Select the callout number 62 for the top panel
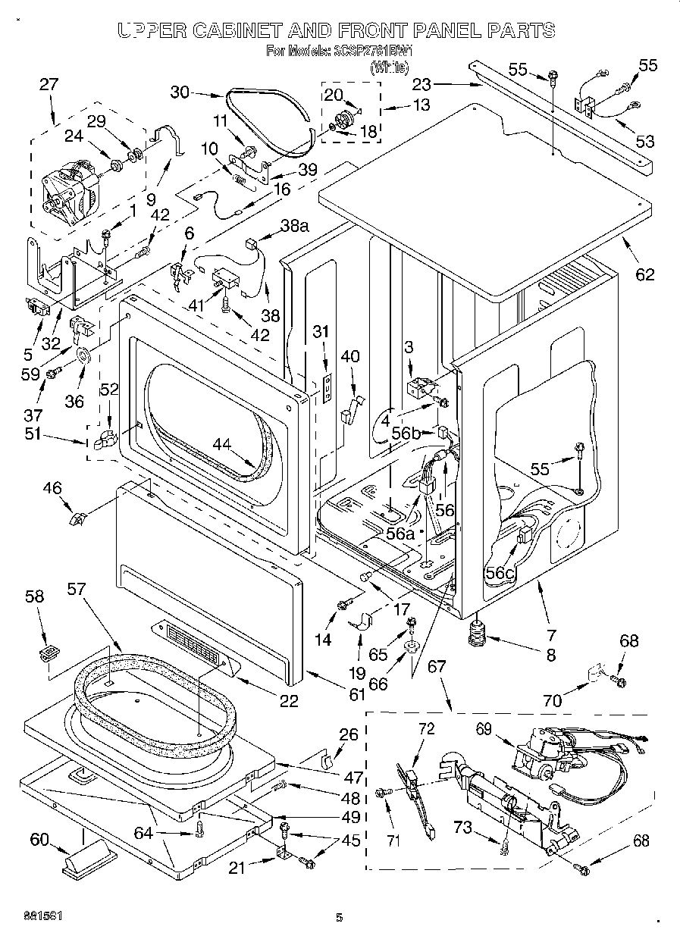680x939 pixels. [x=644, y=274]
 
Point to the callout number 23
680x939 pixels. [x=421, y=84]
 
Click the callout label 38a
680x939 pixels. [x=295, y=225]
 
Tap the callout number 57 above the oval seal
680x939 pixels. [x=77, y=588]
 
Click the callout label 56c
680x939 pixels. [x=500, y=574]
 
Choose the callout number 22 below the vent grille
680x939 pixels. [x=288, y=700]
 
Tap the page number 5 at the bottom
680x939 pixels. [x=339, y=918]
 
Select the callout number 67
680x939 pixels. [x=437, y=667]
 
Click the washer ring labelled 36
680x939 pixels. [x=83, y=354]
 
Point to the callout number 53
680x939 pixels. [x=645, y=141]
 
